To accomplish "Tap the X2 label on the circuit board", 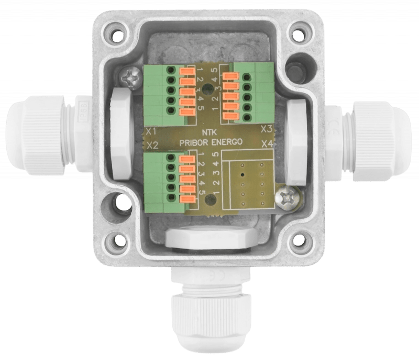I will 152,144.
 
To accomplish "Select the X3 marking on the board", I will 266,128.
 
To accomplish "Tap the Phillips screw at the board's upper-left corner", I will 129,78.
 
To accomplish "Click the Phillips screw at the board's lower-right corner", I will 288,198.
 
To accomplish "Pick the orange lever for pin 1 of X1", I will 187,71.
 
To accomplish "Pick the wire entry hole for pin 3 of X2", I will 171,177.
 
